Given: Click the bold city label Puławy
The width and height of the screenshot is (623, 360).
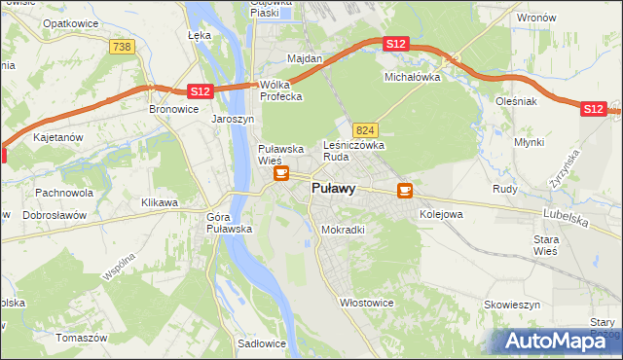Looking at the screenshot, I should [x=333, y=189].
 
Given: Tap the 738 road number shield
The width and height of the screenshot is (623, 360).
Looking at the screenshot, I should [x=122, y=47].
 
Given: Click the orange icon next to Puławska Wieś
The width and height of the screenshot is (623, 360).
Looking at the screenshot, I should [x=281, y=174].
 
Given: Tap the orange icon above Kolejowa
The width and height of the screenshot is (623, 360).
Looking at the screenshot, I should [x=404, y=191].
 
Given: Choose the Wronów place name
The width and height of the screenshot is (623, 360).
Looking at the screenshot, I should [x=536, y=18].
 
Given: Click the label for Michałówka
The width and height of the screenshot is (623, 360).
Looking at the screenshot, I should [x=413, y=76].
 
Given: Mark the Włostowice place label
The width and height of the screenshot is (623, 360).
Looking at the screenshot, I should [x=366, y=303].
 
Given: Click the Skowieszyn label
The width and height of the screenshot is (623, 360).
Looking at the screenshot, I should [x=511, y=305].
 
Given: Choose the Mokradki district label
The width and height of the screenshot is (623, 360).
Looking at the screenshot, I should [x=343, y=231].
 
